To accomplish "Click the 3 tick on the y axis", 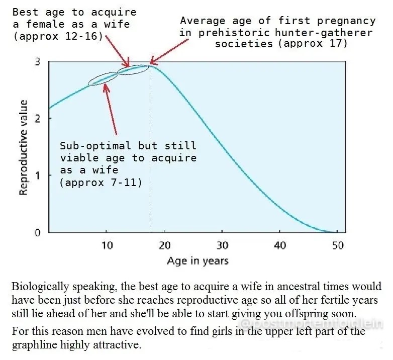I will (x=38, y=62).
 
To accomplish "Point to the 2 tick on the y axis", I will (x=38, y=119).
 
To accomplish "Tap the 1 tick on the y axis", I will (x=38, y=175).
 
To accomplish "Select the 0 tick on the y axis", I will (x=38, y=232).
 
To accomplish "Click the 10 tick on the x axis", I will (x=107, y=245).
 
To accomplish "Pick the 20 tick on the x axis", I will (x=164, y=245).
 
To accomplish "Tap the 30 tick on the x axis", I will (x=222, y=245).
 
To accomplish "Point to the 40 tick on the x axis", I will (x=280, y=245).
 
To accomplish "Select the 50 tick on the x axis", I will (x=338, y=245).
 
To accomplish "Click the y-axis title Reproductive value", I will (x=23, y=147).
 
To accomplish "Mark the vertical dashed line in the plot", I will (x=149, y=151).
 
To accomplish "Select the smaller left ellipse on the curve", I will (x=103, y=78).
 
